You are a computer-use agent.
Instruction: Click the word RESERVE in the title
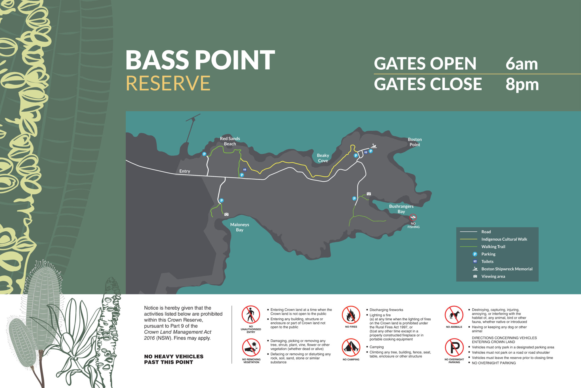[x=168, y=83]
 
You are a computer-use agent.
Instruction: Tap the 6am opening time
[x=521, y=64]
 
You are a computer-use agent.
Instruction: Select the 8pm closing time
[x=522, y=84]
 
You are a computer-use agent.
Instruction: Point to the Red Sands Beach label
[x=230, y=141]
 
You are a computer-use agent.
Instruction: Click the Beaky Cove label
[x=323, y=158]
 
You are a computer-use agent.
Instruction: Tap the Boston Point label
[x=415, y=142]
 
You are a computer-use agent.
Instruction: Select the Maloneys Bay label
[x=240, y=227]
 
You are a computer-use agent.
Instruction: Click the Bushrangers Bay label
[x=401, y=209]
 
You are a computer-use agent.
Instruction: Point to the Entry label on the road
[x=185, y=171]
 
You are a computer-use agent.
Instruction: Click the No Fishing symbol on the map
[x=413, y=218]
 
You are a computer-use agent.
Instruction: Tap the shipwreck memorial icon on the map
[x=374, y=146]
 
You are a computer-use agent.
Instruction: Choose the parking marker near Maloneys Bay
[x=222, y=200]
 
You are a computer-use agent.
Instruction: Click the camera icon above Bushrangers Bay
[x=369, y=194]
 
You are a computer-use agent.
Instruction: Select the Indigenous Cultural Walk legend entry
[x=504, y=239]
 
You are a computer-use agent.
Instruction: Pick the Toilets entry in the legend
[x=487, y=262]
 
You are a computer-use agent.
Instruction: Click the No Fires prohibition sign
[x=351, y=315]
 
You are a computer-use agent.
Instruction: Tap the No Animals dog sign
[x=454, y=315]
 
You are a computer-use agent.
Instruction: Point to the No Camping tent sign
[x=351, y=347]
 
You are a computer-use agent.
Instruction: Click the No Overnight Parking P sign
[x=454, y=347]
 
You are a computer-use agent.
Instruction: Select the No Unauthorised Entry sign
[x=251, y=315]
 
